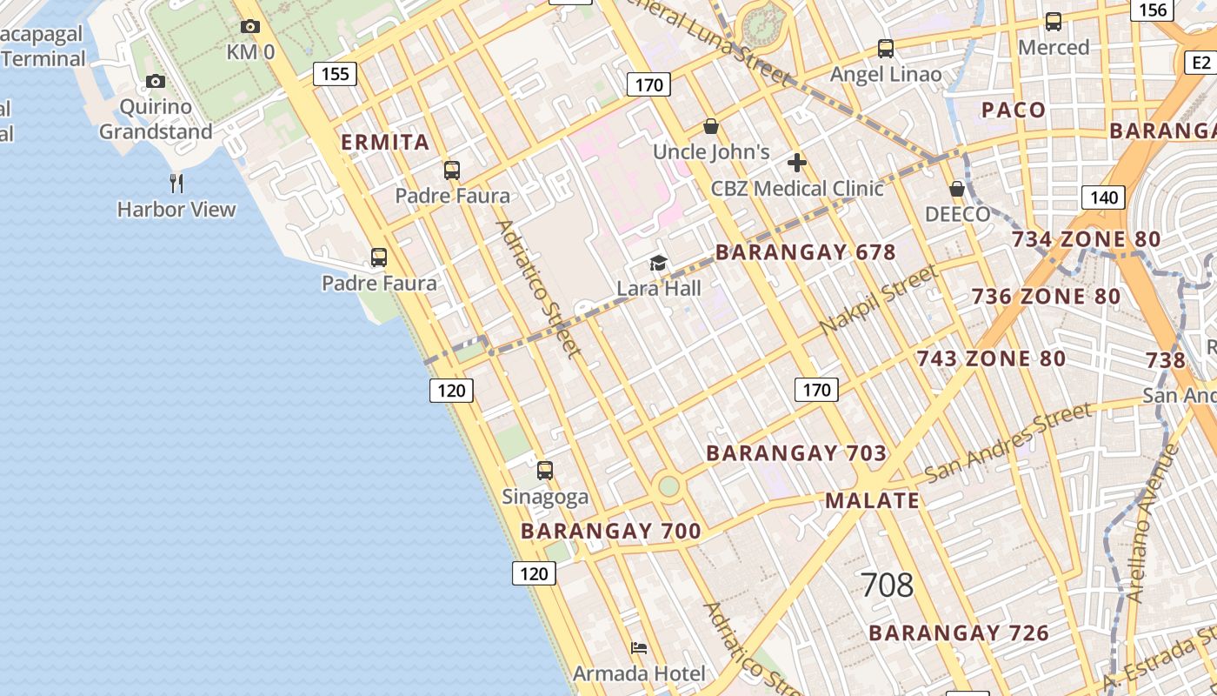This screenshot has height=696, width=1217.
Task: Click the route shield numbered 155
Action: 335,74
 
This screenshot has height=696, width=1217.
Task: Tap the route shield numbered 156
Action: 1153,10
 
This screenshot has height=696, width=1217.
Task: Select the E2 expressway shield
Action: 1200,63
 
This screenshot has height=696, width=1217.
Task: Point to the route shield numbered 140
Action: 1103,197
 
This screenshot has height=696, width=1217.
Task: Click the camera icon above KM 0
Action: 250,27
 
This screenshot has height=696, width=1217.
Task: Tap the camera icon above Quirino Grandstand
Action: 156,82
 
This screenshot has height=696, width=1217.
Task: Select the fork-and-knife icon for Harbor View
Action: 176,183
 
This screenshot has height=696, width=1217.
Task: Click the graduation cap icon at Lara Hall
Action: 659,263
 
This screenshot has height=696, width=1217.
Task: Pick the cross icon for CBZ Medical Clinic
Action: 796,163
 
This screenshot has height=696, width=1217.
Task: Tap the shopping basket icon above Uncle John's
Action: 711,126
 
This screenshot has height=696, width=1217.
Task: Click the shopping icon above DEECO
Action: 957,189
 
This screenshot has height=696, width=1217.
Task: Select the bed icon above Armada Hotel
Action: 639,648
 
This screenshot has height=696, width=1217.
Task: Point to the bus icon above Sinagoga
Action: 545,471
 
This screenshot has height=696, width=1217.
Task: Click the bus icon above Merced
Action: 1054,22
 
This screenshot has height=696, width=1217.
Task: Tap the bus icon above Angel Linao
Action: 886,49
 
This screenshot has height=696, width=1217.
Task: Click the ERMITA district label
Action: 385,142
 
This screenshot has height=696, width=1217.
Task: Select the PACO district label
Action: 1013,110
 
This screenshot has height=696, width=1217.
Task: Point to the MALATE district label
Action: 872,500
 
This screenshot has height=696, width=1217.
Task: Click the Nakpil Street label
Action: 879,299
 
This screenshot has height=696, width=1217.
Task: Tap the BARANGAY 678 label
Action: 805,252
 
